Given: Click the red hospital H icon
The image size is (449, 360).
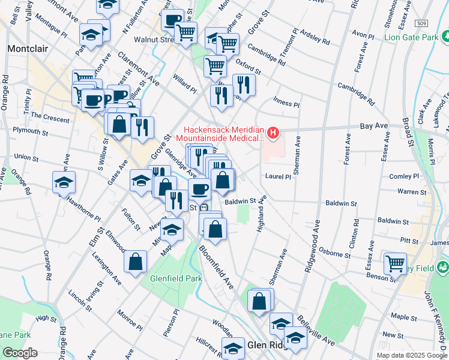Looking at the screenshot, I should (274, 132).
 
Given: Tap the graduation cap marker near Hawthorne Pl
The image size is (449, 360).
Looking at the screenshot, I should (64, 184).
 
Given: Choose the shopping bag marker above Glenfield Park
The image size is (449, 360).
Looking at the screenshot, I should (136, 261).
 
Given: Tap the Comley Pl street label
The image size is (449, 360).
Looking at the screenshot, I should (404, 177).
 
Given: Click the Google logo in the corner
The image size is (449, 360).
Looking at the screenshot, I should (19, 353).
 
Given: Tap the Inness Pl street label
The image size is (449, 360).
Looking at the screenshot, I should (286, 101).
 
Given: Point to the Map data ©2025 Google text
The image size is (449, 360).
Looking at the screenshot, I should (411, 355).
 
